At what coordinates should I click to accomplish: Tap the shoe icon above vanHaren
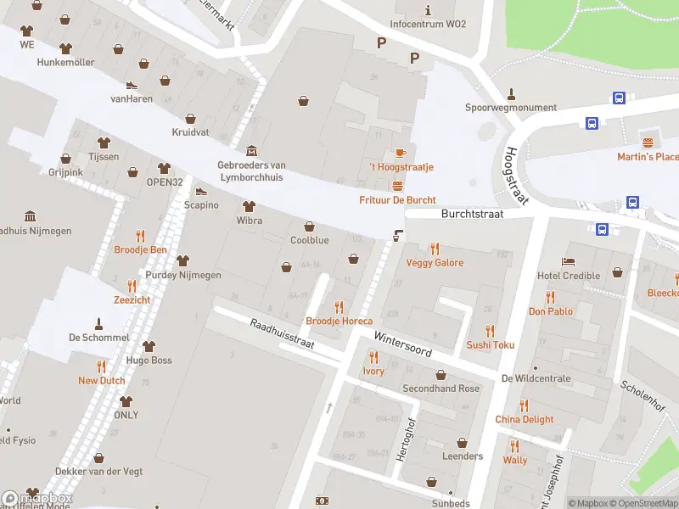pyautogui.click(x=132, y=85)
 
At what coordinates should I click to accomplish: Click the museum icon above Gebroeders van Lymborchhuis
pyautogui.click(x=251, y=150)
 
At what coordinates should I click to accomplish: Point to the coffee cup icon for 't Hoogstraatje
pyautogui.click(x=400, y=153)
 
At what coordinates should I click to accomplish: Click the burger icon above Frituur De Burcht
pyautogui.click(x=396, y=186)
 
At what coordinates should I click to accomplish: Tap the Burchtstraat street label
pyautogui.click(x=472, y=215)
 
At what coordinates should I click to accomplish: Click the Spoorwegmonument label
pyautogui.click(x=511, y=108)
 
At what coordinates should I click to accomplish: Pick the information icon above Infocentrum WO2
pyautogui.click(x=428, y=10)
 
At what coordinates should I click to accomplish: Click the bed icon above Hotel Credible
pyautogui.click(x=568, y=261)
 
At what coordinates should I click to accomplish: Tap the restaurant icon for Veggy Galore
pyautogui.click(x=435, y=249)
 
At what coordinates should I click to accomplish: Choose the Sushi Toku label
pyautogui.click(x=490, y=345)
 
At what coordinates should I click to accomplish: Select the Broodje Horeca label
pyautogui.click(x=339, y=322)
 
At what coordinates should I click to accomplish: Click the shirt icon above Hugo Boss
pyautogui.click(x=149, y=346)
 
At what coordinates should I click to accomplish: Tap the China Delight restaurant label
pyautogui.click(x=524, y=419)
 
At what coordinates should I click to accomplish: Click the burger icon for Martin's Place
pyautogui.click(x=648, y=143)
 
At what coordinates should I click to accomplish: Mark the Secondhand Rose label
pyautogui.click(x=441, y=389)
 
